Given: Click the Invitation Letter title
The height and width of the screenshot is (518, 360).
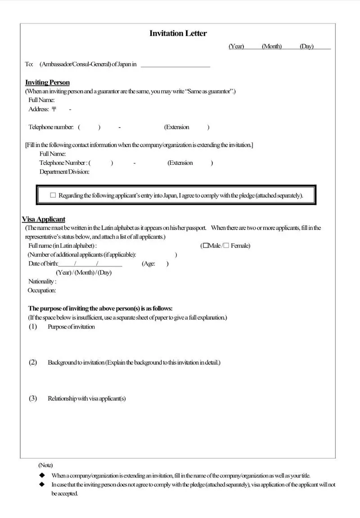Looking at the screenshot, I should pyautogui.click(x=178, y=33).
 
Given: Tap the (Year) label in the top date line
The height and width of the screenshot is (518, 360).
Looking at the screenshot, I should pyautogui.click(x=236, y=46).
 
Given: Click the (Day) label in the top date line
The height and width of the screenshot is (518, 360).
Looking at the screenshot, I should pyautogui.click(x=306, y=46).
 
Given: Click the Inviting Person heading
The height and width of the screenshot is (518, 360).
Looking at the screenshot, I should pyautogui.click(x=47, y=82).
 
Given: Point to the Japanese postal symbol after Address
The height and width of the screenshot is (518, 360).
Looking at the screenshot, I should pyautogui.click(x=54, y=109).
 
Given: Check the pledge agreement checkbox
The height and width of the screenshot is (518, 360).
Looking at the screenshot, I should pyautogui.click(x=53, y=195).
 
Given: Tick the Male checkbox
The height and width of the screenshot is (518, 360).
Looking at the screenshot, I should pyautogui.click(x=206, y=245).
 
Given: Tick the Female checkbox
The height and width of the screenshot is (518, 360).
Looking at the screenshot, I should pyautogui.click(x=226, y=245).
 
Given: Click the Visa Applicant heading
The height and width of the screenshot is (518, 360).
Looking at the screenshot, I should pyautogui.click(x=44, y=219).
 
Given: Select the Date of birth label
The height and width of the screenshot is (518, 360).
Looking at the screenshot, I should pyautogui.click(x=43, y=264).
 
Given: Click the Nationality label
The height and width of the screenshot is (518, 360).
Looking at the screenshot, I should pyautogui.click(x=42, y=282).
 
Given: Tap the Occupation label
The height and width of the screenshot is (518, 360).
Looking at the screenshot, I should pyautogui.click(x=42, y=291).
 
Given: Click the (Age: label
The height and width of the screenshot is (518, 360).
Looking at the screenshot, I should pyautogui.click(x=149, y=264).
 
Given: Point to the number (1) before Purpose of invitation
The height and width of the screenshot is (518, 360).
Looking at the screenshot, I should pyautogui.click(x=33, y=327).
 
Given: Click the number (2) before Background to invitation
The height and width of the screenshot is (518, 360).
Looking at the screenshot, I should pyautogui.click(x=33, y=362).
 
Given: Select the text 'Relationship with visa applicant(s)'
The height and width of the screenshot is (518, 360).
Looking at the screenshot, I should pyautogui.click(x=87, y=399).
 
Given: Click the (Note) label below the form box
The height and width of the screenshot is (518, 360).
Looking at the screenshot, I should pyautogui.click(x=45, y=465).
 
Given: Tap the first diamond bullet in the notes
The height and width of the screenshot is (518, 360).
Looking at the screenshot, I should pyautogui.click(x=42, y=475).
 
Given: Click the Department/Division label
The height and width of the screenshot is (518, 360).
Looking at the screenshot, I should pyautogui.click(x=64, y=172).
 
